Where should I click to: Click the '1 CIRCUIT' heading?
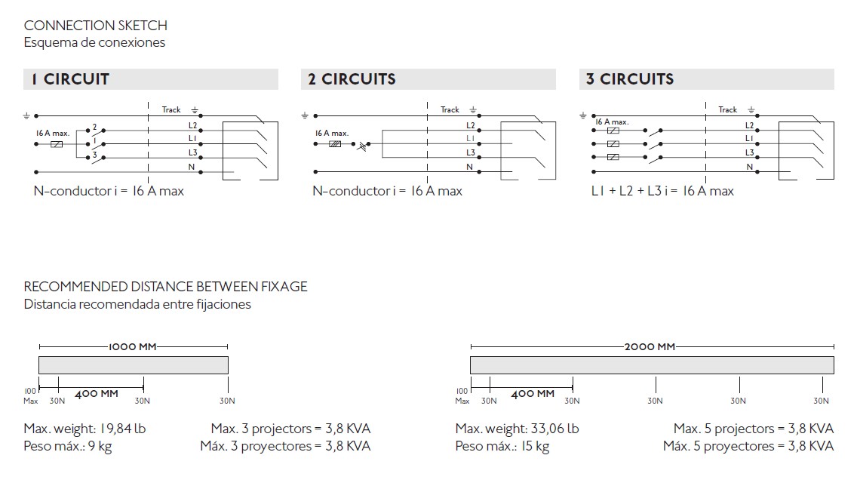tap(70, 79)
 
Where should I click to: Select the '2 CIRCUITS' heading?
tap(352, 79)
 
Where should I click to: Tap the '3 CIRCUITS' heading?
tap(630, 79)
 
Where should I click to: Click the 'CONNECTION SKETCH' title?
tap(96, 26)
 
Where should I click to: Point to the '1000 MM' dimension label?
tap(133, 347)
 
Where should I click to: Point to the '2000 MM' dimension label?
tap(650, 347)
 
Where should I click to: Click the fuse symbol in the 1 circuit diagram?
tap(57, 144)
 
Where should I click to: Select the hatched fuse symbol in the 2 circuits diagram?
tap(335, 144)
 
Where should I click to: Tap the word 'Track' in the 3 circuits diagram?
tap(727, 110)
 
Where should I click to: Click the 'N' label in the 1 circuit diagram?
tap(192, 167)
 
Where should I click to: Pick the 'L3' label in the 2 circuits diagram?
tap(471, 152)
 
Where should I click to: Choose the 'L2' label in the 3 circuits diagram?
tap(749, 126)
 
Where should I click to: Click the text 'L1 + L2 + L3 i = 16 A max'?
tap(662, 191)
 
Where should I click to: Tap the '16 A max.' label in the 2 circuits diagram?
tap(332, 133)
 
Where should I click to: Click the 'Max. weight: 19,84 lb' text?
tap(84, 429)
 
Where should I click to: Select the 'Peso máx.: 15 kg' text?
tap(502, 446)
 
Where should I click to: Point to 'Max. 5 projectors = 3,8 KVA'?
tap(753, 429)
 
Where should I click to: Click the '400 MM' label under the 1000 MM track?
tap(97, 394)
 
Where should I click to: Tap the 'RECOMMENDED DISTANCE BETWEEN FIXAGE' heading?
tap(166, 287)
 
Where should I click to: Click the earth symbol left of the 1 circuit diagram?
tap(26, 116)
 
